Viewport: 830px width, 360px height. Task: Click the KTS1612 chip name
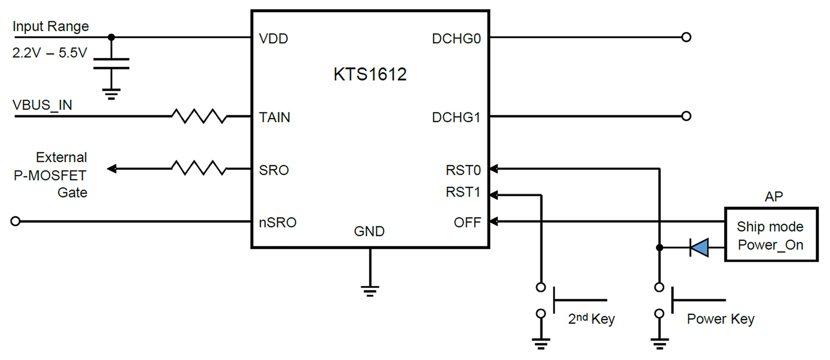(370, 74)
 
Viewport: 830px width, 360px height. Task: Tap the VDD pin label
(273, 38)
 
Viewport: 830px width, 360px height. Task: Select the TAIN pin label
(274, 117)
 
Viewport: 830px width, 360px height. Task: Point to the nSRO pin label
(278, 223)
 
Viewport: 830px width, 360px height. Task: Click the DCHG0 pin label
(456, 38)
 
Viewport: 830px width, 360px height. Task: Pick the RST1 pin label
(463, 192)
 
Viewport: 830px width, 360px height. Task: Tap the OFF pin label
(467, 223)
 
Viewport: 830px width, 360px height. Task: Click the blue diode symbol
(699, 247)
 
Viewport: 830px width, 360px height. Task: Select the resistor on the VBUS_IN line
(199, 116)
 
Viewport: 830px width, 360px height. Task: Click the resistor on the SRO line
(199, 168)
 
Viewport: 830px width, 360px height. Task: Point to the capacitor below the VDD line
(111, 63)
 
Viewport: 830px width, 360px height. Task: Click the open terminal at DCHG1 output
(686, 116)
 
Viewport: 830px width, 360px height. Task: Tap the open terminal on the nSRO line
(15, 221)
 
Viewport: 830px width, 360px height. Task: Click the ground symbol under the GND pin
(370, 291)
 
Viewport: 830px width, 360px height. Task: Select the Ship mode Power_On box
(771, 234)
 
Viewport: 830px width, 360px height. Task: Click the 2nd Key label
(591, 319)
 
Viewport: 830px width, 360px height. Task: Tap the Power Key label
(721, 319)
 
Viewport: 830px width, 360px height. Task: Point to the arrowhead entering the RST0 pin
(493, 169)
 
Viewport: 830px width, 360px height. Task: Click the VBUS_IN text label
(42, 105)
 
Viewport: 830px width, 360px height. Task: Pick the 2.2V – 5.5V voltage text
(50, 53)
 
